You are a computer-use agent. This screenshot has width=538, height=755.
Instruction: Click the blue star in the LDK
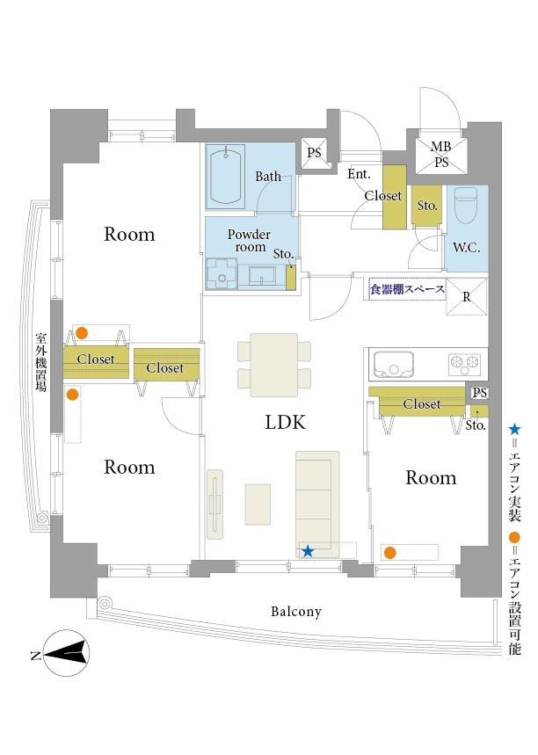308,551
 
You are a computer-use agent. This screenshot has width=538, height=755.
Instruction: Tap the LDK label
285,422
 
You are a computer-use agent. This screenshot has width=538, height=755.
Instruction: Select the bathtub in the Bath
225,177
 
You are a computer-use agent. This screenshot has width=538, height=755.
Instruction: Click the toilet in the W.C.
466,205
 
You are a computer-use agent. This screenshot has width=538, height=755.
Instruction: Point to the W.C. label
466,248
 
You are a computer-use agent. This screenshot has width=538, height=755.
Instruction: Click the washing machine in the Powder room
222,274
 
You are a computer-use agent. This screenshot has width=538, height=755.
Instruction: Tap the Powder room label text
249,240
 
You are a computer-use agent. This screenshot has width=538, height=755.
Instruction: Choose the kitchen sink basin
394,365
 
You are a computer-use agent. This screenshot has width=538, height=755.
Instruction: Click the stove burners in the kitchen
464,365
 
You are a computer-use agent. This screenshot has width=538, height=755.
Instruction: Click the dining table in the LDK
274,365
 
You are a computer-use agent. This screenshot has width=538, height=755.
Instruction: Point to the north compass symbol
66,652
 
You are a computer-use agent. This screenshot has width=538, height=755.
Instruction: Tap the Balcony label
295,612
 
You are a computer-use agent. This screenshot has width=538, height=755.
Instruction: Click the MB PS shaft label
441,154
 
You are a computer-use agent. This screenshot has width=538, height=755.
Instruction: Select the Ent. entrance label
359,174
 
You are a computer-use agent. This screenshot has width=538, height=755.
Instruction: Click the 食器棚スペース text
407,289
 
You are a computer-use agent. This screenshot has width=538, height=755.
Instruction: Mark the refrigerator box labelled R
466,296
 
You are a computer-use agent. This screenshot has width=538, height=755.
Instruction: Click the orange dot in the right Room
389,553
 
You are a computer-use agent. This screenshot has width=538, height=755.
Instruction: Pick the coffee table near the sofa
258,505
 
